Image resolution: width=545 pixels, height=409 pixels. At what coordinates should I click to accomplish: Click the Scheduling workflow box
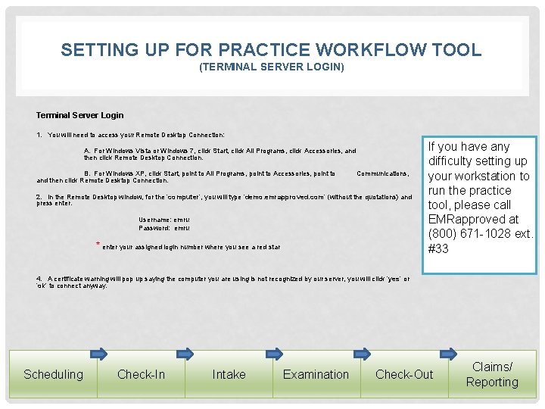(x=53, y=374)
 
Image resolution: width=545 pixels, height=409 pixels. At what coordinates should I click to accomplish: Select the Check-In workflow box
(x=141, y=374)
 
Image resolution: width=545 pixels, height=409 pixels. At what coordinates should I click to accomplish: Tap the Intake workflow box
(x=229, y=374)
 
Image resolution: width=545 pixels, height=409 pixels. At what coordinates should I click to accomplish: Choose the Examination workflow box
(x=316, y=374)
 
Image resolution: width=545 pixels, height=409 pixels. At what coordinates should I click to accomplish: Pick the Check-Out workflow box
(x=404, y=374)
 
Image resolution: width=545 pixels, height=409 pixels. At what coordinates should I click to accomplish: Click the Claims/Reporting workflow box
(x=492, y=374)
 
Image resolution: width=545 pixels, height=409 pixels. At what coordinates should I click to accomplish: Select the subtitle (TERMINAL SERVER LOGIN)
(x=271, y=67)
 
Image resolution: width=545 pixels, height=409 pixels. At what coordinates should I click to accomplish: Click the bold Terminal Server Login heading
(x=79, y=115)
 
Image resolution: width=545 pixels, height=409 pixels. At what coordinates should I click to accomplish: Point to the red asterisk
(x=98, y=244)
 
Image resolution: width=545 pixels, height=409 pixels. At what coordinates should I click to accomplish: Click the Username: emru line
(x=164, y=220)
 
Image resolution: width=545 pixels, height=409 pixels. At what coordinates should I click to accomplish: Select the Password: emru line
(x=164, y=227)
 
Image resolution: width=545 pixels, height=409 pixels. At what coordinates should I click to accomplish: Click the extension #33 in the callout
(x=438, y=248)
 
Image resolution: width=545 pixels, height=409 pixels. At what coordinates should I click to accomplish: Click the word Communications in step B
(x=382, y=173)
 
